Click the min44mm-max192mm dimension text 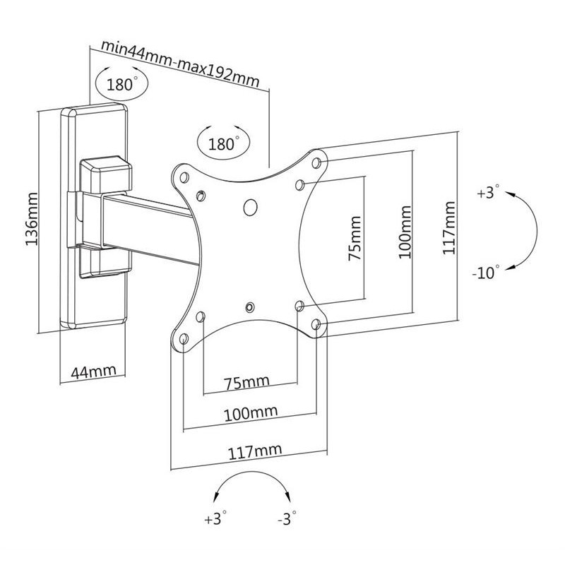tap(179, 61)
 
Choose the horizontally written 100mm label tap(250, 412)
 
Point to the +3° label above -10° tap(487, 192)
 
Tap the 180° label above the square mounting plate tap(222, 143)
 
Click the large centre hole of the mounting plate tap(249, 208)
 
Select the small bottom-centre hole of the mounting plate tap(250, 307)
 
